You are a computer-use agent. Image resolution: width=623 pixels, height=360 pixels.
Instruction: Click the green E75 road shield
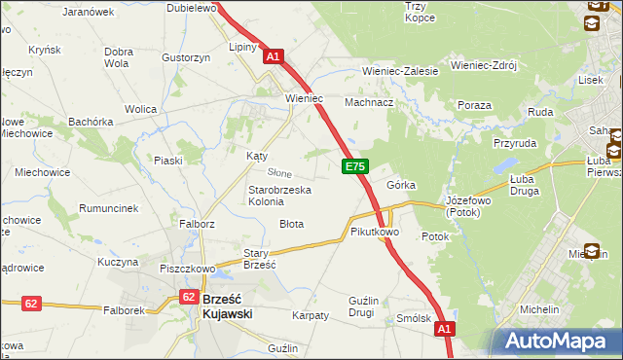[x=355, y=167]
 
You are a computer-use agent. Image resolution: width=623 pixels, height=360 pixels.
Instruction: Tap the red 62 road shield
[x=32, y=304]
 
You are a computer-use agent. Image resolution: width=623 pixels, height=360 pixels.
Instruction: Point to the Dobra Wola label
[x=118, y=57]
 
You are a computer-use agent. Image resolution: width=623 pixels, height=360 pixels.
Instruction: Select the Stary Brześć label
[x=260, y=258]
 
